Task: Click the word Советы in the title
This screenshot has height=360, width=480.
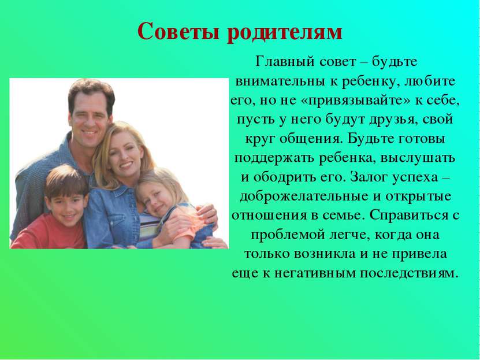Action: point(179,31)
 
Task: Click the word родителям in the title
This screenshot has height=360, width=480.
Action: point(285,32)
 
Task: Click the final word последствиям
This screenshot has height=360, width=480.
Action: point(410,273)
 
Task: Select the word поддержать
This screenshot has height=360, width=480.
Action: point(274,158)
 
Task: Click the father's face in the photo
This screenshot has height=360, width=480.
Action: point(90,116)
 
